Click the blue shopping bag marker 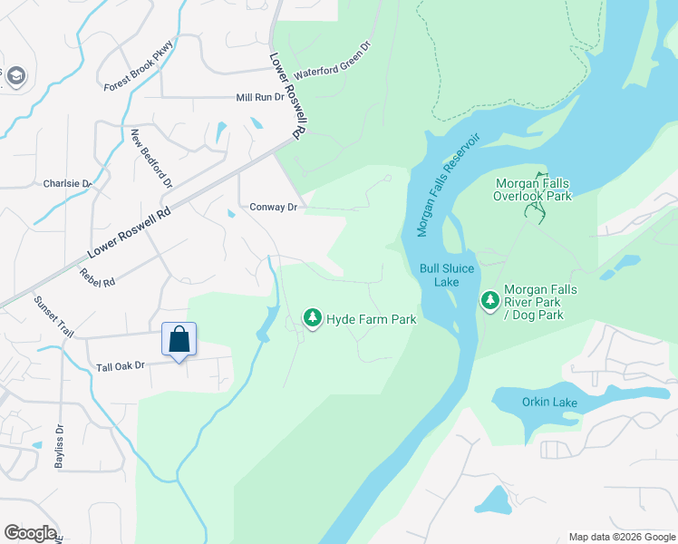(x=179, y=341)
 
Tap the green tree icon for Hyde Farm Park (x=313, y=318)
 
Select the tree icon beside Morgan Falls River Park (x=490, y=299)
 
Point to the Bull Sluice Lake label (x=441, y=275)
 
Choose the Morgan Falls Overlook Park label (x=533, y=189)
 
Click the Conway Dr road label (x=274, y=208)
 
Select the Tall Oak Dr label (x=121, y=366)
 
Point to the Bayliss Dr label (x=60, y=441)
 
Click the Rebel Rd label (x=97, y=277)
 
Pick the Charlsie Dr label (x=68, y=183)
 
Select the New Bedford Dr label (x=151, y=159)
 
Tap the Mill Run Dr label (x=260, y=97)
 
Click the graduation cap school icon (x=15, y=78)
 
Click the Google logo (x=30, y=532)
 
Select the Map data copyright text (x=621, y=537)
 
